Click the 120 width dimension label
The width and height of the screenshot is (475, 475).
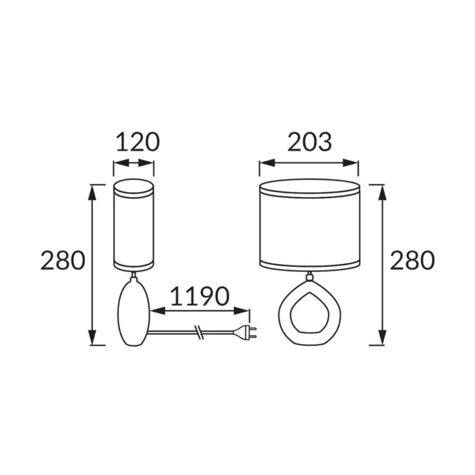[138, 142]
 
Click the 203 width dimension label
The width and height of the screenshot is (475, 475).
[309, 142]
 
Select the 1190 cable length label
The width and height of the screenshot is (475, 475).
[199, 296]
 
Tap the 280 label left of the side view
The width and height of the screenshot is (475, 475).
[62, 261]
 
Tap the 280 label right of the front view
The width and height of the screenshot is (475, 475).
[412, 261]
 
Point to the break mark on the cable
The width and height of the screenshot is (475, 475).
[199, 332]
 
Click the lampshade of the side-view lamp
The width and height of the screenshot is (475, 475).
[134, 225]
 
